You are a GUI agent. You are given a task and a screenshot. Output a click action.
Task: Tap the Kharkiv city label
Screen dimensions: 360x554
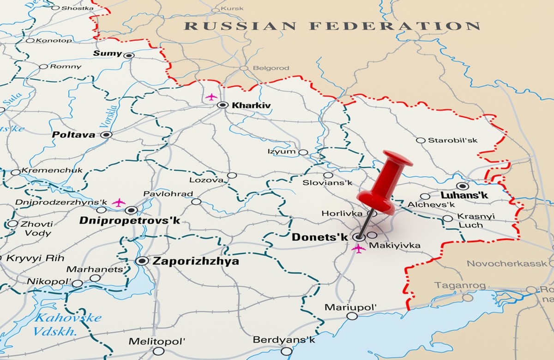click(x=251, y=106)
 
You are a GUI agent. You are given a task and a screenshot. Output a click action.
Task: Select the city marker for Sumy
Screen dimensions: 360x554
click(x=129, y=55)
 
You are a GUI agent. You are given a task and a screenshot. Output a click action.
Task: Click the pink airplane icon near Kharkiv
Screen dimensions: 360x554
click(x=211, y=97)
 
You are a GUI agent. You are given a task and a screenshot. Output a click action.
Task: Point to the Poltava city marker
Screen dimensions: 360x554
click(x=107, y=135)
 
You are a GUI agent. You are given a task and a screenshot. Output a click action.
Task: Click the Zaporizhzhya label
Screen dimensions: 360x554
click(x=196, y=261)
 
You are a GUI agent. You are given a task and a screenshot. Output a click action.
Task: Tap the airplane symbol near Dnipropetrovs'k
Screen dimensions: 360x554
click(x=119, y=202)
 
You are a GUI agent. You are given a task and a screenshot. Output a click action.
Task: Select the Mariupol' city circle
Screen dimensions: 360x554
click(x=352, y=316)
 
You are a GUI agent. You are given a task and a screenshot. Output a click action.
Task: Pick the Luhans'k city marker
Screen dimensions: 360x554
click(x=463, y=186)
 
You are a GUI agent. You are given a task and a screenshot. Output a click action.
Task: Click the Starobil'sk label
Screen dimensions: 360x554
click(x=452, y=140)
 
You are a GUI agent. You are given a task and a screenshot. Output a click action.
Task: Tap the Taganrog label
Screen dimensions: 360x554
click(x=460, y=286)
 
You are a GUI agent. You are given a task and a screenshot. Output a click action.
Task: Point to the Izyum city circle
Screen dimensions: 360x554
click(x=303, y=152)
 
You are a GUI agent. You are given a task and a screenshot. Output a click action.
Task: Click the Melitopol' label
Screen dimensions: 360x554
click(x=157, y=342)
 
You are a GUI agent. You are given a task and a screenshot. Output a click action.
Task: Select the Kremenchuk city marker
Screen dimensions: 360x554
click(x=16, y=172)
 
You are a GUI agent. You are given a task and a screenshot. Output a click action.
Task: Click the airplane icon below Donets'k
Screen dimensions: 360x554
click(x=358, y=248)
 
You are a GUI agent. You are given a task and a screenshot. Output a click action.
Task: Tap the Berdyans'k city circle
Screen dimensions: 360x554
click(x=286, y=351)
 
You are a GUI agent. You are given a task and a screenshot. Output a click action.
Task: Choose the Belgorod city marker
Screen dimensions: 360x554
click(x=244, y=68)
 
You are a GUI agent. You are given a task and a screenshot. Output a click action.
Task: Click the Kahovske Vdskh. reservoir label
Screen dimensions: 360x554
click(x=65, y=324)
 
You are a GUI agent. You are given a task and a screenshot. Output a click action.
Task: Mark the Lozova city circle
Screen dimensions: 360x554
click(x=232, y=175)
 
